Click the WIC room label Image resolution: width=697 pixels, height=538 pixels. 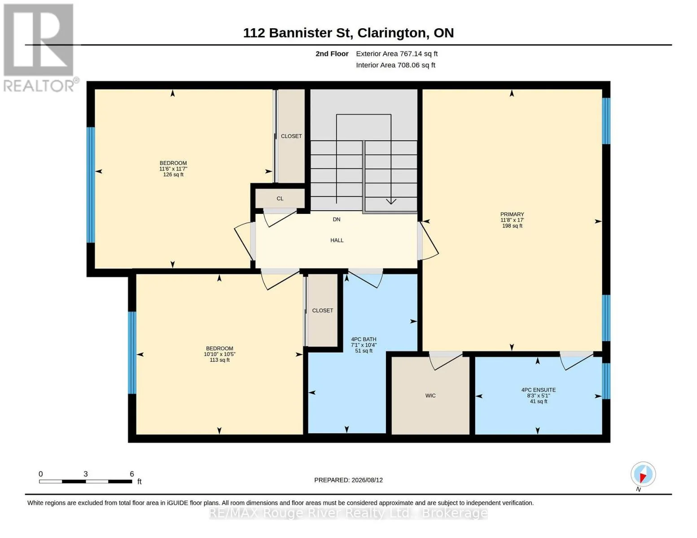(x=430, y=395)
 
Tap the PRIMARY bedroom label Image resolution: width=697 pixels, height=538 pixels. (x=512, y=214)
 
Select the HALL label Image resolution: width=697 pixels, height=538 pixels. (x=337, y=240)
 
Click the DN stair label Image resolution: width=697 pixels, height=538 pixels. (x=337, y=219)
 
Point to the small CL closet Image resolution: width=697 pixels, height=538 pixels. (x=280, y=198)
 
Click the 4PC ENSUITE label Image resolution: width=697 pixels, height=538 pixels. (x=538, y=390)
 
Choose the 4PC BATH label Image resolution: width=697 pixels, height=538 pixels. (x=364, y=339)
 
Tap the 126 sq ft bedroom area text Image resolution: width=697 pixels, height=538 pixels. (x=173, y=174)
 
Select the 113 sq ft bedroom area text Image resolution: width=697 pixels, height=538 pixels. (x=219, y=360)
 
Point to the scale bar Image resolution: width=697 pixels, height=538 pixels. (x=86, y=481)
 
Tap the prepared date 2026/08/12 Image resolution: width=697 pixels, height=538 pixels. (x=367, y=480)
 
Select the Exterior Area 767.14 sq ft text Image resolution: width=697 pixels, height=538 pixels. (x=396, y=54)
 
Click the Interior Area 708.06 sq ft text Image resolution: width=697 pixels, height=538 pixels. (x=395, y=65)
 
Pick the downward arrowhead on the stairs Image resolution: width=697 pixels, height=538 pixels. (x=391, y=202)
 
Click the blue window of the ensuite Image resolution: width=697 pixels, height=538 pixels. (x=606, y=381)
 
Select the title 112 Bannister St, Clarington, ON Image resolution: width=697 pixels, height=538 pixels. (x=348, y=33)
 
